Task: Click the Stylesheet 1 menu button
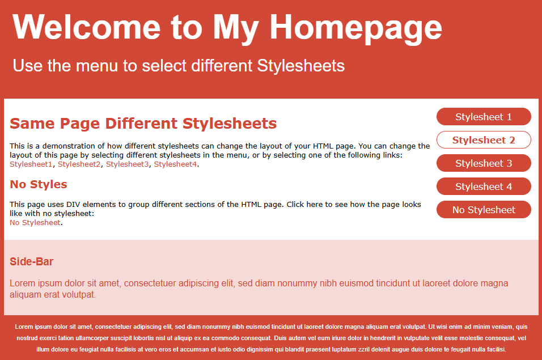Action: point(484,116)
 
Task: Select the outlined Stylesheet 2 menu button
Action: point(484,140)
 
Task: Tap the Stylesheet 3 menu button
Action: point(484,163)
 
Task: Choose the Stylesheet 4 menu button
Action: point(484,186)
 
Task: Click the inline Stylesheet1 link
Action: point(31,164)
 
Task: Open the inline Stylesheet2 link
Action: point(79,164)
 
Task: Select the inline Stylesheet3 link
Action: point(127,164)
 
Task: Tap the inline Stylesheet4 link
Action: point(175,164)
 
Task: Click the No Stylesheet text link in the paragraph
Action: point(35,222)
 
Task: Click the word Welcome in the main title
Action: point(86,27)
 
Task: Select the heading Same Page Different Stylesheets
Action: point(143,124)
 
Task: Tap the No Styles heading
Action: point(39,184)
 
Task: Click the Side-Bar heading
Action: point(31,261)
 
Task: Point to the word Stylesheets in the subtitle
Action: point(300,66)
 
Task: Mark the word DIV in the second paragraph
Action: point(73,204)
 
